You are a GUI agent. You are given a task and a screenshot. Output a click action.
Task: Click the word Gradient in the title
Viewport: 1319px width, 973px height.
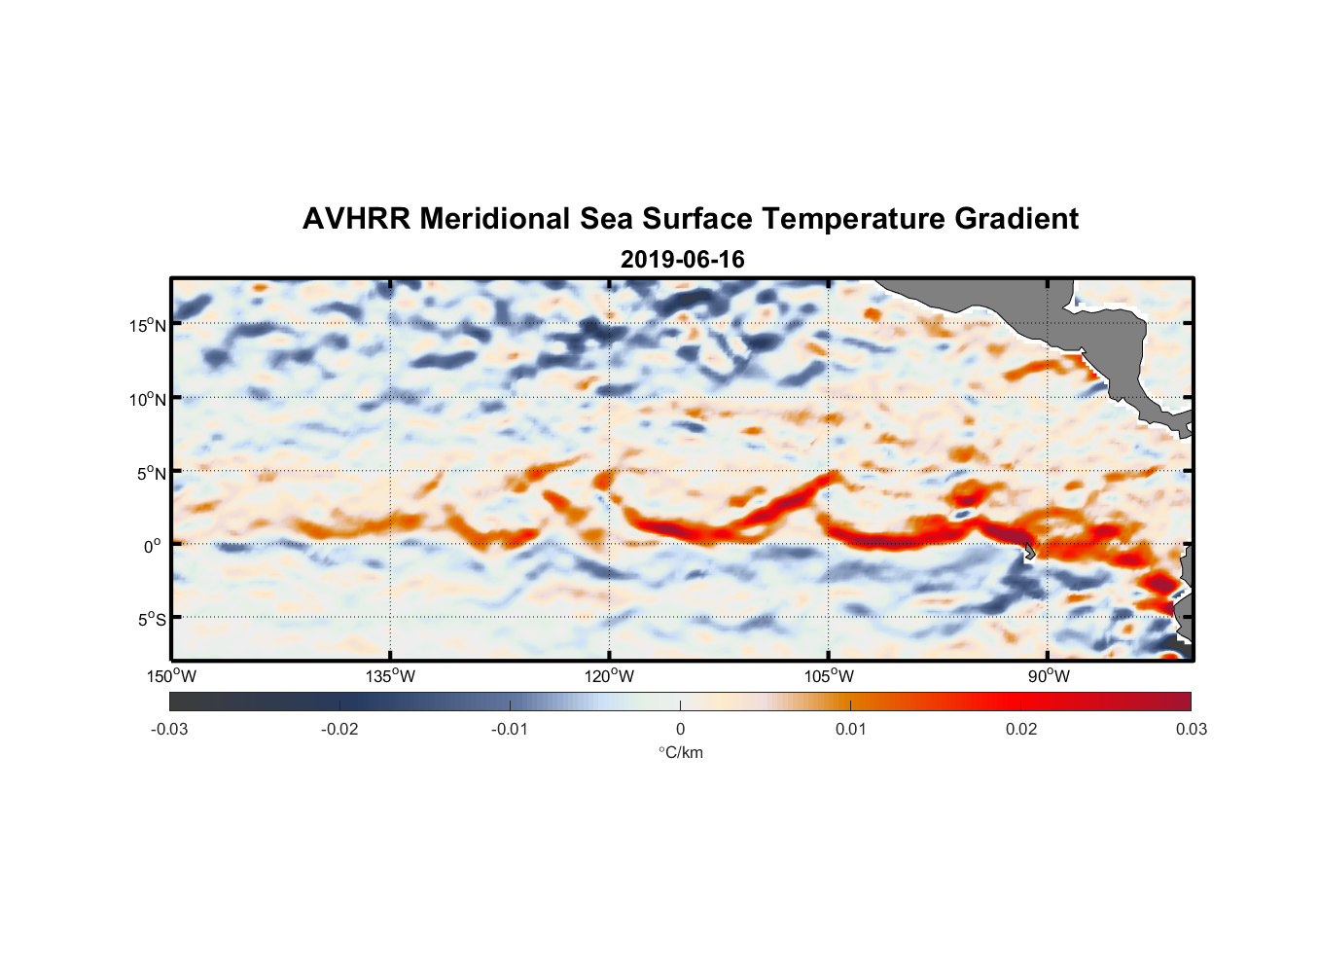point(1016,219)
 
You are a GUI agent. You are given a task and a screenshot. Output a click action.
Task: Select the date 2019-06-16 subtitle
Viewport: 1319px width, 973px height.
point(682,260)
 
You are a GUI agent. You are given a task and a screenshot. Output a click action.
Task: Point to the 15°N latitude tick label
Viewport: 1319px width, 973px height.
point(147,325)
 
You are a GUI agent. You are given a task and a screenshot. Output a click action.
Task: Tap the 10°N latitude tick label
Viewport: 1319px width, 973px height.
point(147,399)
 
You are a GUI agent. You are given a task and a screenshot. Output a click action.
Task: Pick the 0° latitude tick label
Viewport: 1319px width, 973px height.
point(153,546)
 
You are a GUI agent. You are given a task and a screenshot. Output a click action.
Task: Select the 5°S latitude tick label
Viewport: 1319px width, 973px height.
point(150,619)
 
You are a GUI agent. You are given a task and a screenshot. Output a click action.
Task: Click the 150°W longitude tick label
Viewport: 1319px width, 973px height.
point(172,676)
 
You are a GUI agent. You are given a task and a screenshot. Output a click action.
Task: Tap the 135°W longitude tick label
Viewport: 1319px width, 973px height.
point(391,676)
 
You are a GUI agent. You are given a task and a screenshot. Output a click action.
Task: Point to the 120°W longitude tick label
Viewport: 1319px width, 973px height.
point(610,676)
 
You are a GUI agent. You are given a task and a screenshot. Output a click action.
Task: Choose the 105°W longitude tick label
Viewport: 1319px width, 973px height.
point(829,676)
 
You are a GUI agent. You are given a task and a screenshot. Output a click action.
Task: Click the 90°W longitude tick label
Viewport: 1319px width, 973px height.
point(1049,676)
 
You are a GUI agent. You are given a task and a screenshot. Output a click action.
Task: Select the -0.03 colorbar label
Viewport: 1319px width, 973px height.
point(169,729)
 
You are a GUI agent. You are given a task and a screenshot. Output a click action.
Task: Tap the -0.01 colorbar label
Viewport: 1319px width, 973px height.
point(510,729)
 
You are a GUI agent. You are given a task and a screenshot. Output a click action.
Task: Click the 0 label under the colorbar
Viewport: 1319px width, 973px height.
point(680,729)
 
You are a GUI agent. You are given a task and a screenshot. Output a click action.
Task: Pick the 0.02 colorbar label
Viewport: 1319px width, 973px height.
point(1021,729)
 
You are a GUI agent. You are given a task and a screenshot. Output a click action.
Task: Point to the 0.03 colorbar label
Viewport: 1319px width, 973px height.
point(1191,729)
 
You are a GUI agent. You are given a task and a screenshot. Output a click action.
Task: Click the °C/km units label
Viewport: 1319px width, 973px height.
point(681,752)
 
